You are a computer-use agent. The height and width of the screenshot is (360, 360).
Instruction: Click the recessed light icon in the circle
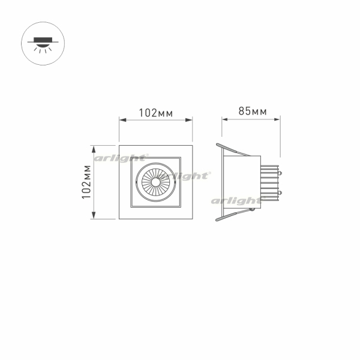(x=43, y=44)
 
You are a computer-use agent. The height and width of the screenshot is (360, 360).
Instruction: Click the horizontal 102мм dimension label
(x=156, y=113)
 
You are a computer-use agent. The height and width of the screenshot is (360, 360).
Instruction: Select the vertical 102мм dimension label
(x=86, y=182)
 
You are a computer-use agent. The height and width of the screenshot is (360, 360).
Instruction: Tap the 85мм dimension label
(x=253, y=111)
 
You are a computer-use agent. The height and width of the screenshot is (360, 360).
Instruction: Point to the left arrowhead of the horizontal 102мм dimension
(x=123, y=120)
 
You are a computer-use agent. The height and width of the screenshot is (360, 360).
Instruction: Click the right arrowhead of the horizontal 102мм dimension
(x=188, y=120)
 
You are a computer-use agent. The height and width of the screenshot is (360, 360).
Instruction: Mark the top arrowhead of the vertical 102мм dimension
(x=94, y=149)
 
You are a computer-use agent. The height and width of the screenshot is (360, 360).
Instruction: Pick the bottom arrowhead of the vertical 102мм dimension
(x=94, y=215)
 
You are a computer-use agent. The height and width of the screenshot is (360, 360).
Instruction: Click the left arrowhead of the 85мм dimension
(x=225, y=119)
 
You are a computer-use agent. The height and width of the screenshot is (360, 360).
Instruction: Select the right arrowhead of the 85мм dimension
(x=277, y=119)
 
